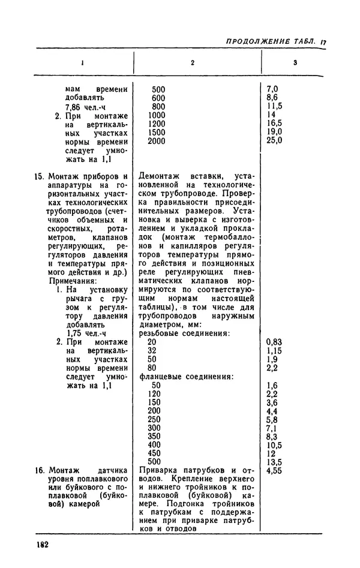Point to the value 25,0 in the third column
coord(274,141)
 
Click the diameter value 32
coord(152,350)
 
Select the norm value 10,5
coord(275,445)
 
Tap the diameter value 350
coord(155,437)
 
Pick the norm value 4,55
coord(275,471)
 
